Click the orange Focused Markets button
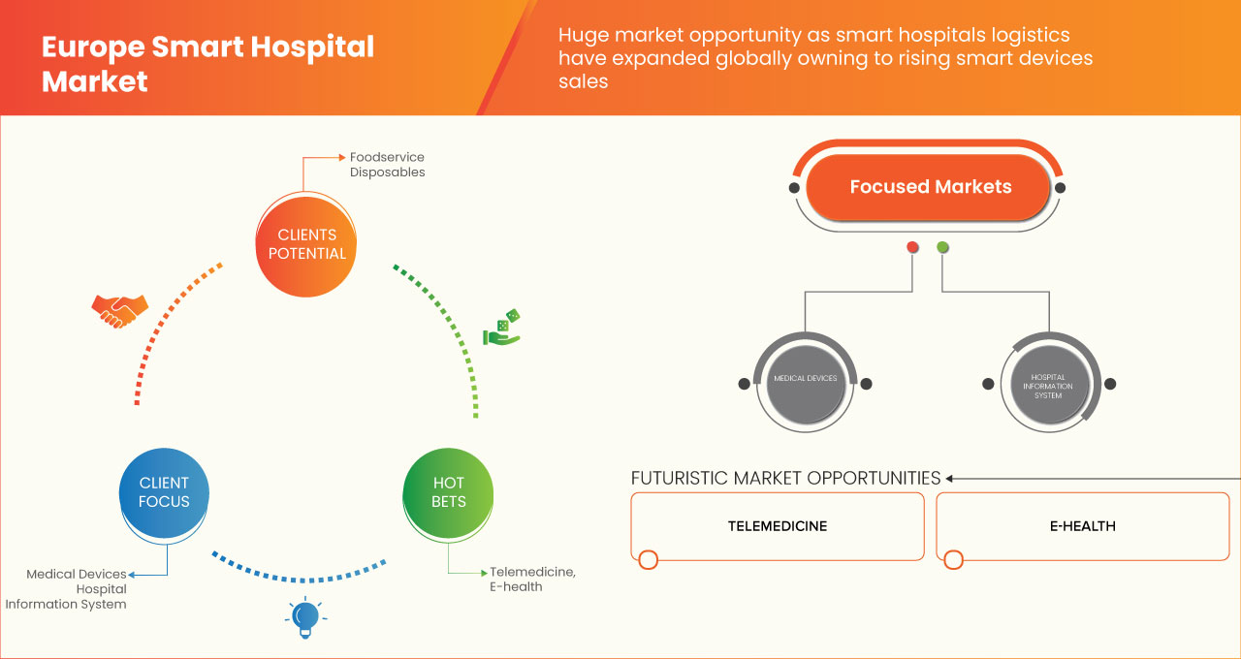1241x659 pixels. click(x=929, y=187)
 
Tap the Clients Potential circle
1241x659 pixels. click(x=305, y=244)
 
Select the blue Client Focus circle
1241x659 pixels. click(x=164, y=491)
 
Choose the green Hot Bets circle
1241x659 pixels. click(x=448, y=491)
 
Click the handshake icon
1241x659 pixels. click(x=119, y=310)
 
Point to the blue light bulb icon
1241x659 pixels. click(x=305, y=617)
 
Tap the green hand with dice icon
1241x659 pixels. click(x=502, y=329)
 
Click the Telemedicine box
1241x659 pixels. click(x=778, y=526)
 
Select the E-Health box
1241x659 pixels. click(x=1082, y=526)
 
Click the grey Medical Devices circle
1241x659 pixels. click(x=805, y=379)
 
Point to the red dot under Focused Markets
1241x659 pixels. click(x=912, y=248)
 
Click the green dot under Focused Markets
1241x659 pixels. click(x=942, y=248)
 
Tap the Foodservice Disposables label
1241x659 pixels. click(x=387, y=165)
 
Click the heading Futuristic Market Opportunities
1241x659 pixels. click(x=785, y=478)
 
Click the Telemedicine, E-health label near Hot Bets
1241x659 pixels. click(x=531, y=580)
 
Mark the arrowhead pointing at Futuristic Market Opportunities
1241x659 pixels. click(x=950, y=478)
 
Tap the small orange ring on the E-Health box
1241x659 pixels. click(x=953, y=559)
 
